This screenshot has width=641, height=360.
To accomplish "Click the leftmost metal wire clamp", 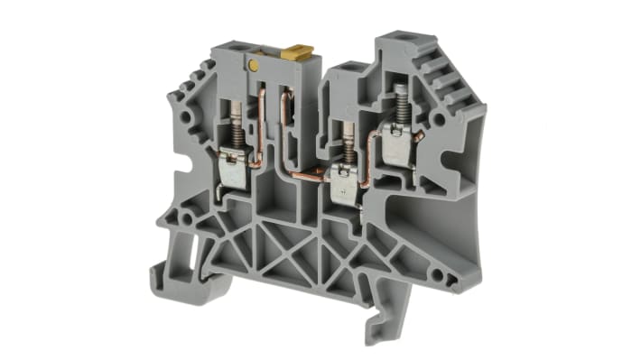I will (234, 172).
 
